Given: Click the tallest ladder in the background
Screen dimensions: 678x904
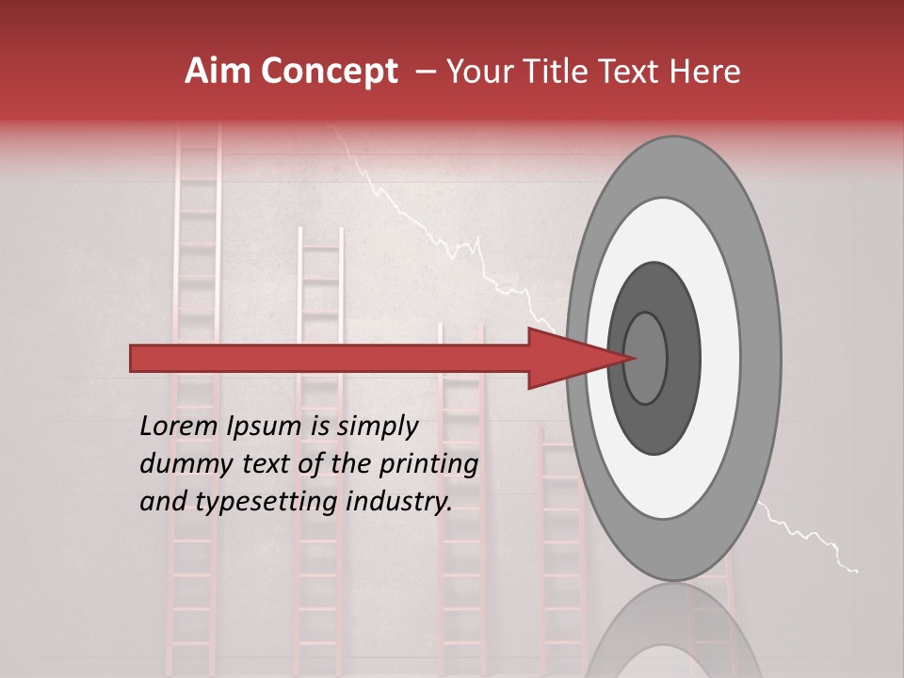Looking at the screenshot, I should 196,282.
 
